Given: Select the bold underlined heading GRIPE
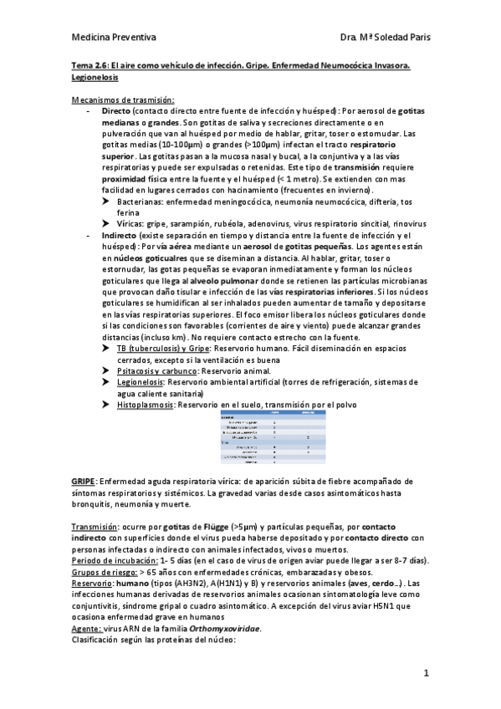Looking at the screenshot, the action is coord(84,482).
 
